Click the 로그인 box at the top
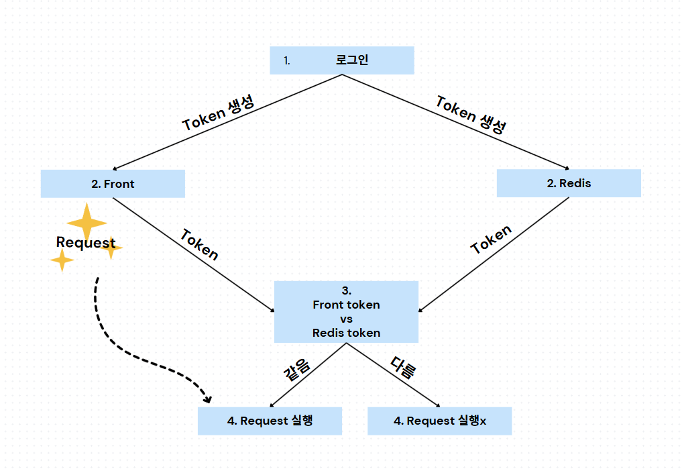pyautogui.click(x=342, y=60)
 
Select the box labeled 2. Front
pyautogui.click(x=113, y=184)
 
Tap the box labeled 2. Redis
pyautogui.click(x=569, y=183)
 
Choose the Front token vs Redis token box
pyautogui.click(x=346, y=312)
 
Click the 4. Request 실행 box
pyautogui.click(x=270, y=421)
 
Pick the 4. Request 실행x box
pyautogui.click(x=439, y=421)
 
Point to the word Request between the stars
pyautogui.click(x=86, y=243)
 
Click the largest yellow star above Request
pyautogui.click(x=87, y=221)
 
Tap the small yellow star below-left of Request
pyautogui.click(x=62, y=260)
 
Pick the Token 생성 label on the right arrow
pyautogui.click(x=471, y=115)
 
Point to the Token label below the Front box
pyautogui.click(x=199, y=244)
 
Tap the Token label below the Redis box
pyautogui.click(x=492, y=240)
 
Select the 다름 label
pyautogui.click(x=403, y=368)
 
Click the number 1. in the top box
pyautogui.click(x=287, y=61)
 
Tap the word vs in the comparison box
pyautogui.click(x=346, y=319)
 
